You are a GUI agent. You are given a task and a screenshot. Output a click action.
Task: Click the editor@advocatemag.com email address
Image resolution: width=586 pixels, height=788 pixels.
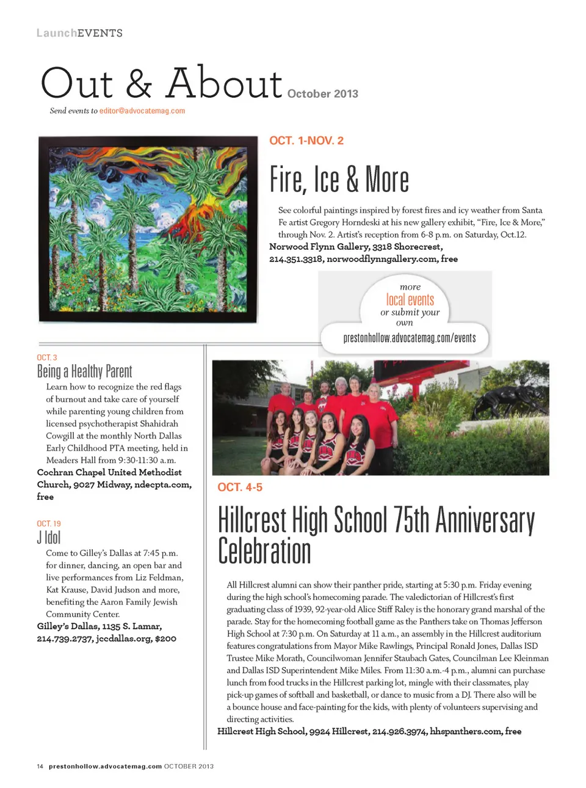point(142,111)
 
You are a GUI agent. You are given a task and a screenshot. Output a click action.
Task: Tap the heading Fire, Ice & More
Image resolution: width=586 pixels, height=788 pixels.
point(339,180)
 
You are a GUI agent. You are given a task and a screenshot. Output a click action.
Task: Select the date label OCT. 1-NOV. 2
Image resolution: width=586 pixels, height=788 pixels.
point(306,140)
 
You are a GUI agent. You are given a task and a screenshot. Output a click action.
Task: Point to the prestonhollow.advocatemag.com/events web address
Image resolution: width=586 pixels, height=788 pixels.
point(409,338)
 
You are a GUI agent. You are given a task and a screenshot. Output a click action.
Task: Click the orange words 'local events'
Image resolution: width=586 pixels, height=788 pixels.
point(410,300)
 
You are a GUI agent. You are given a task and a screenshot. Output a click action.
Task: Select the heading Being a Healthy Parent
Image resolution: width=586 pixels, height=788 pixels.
point(84,371)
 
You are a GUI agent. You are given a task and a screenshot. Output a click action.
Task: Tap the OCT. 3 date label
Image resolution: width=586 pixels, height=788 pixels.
point(47,357)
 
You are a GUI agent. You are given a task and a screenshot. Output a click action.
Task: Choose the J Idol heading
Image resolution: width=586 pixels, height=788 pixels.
point(49,538)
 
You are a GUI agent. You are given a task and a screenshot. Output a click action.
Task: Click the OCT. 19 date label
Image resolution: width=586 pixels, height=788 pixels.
point(49,524)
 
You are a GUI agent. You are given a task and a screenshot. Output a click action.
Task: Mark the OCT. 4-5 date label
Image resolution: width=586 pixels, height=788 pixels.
point(240,487)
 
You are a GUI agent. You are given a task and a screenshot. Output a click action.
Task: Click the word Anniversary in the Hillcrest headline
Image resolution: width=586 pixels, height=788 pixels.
point(485,520)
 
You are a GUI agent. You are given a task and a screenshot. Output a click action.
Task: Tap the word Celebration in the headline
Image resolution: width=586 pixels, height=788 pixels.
point(264,551)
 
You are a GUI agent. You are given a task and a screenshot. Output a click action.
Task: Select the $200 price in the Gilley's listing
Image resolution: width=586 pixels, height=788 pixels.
point(165,638)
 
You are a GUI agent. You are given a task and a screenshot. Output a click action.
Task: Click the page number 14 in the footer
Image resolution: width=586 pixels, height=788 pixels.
point(40,766)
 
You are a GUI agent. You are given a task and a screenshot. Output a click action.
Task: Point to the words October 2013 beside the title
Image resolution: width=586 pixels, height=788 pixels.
point(322,93)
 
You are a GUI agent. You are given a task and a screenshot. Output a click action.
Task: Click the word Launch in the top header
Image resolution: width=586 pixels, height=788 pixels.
point(56,33)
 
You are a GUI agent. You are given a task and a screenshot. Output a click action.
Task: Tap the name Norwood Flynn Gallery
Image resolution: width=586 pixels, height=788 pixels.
point(319,247)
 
